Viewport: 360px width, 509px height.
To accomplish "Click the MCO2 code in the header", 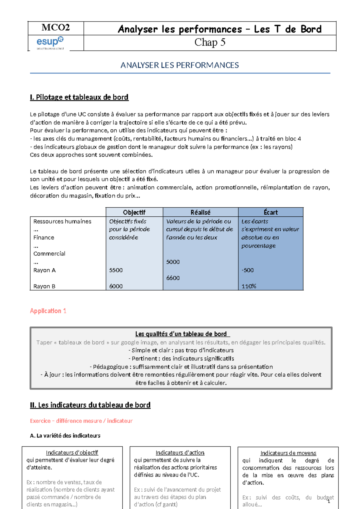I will pos(55,28).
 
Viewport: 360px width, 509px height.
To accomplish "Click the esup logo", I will pos(50,42).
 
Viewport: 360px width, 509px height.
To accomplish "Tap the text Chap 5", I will pos(210,42).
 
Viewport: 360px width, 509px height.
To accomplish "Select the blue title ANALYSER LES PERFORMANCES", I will pos(179,65).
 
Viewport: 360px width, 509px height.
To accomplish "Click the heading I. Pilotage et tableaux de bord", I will pos(79,97).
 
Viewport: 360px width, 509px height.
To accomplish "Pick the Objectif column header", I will pos(134,212).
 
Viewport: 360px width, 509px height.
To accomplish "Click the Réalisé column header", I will pos(200,212).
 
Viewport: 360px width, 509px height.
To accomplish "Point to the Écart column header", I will pos(271,212).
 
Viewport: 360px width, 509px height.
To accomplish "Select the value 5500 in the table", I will pos(116,270).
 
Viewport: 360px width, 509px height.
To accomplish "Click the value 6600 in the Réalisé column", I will pos(173,278).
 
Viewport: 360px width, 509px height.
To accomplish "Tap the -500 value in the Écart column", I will pos(247,270).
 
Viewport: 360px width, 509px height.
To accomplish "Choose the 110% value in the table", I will pos(249,286).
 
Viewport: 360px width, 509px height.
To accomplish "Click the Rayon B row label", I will pos(44,286).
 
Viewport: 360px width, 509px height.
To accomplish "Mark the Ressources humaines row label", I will pos(62,221).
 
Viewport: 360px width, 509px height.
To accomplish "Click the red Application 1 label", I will pos(48,311).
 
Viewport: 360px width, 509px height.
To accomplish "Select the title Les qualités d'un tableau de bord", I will pos(181,334).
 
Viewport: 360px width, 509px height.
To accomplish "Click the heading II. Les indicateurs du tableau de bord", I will pos(90,405).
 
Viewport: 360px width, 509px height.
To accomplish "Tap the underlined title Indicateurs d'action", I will pos(180,453).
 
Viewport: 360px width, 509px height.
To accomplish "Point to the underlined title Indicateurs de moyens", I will pos(288,453).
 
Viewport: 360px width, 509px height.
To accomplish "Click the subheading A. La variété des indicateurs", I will pos(65,435).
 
